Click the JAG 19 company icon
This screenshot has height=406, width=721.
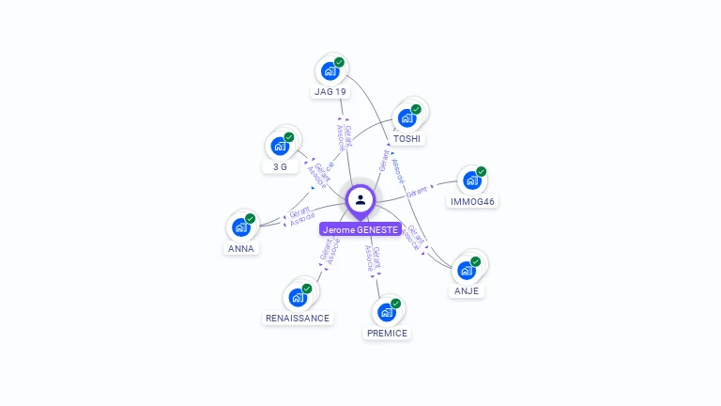[330, 71]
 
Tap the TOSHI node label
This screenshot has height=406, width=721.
[407, 139]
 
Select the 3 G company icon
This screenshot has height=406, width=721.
[279, 147]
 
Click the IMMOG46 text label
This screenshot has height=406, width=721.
[472, 202]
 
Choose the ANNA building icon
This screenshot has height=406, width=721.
[240, 227]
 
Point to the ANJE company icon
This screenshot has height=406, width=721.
[466, 271]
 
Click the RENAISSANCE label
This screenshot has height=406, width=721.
[298, 318]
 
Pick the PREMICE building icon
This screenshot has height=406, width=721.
[386, 312]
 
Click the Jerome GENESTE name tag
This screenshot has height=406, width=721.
[360, 229]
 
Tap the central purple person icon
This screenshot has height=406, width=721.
[360, 199]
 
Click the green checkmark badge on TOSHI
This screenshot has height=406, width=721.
[416, 109]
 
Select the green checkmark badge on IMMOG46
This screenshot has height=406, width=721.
[481, 172]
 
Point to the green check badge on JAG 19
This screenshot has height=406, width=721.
[339, 62]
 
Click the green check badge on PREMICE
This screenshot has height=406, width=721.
[395, 304]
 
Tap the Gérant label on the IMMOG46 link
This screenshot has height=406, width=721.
[417, 191]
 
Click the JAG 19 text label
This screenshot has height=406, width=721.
[330, 92]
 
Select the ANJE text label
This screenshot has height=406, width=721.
[467, 291]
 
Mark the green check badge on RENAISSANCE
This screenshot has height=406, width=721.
[307, 289]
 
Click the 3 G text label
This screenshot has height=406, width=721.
[280, 167]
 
